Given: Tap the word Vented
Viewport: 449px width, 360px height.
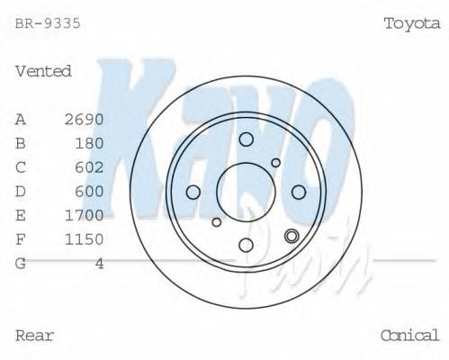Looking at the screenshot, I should tap(43, 71).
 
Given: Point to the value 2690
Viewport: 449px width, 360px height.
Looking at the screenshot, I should tap(85, 119).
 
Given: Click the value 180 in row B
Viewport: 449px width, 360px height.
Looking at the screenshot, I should tap(90, 143).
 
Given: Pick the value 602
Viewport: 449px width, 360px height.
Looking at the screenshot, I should tap(90, 167).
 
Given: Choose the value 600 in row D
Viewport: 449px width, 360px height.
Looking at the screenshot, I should tap(90, 191).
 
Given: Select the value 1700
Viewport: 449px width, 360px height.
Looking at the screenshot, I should tap(85, 215).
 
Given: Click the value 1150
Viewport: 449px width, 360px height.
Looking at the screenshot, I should tap(85, 239).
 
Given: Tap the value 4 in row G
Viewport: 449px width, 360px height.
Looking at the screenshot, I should tap(100, 264).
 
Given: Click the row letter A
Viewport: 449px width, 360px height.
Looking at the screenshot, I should tap(21, 119).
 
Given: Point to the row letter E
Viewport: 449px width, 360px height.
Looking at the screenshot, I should tap(21, 215).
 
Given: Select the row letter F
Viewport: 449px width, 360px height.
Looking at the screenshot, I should tap(21, 239).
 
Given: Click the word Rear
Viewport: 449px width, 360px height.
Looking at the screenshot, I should tap(35, 336).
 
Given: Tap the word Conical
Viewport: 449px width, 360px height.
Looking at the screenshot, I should tap(409, 336).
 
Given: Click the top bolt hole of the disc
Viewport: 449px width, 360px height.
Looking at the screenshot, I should tap(246, 139).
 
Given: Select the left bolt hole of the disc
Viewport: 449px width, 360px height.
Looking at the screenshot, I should tap(193, 192).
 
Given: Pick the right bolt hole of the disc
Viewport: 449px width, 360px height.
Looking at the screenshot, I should tap(299, 192).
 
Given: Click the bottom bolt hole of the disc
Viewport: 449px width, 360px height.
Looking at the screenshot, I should tap(246, 244).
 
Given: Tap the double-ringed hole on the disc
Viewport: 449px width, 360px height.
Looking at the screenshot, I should tap(291, 237).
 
